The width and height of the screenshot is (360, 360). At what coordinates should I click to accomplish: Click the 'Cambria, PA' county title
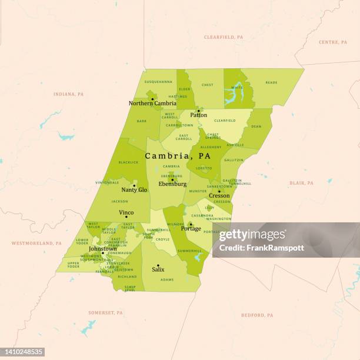178,156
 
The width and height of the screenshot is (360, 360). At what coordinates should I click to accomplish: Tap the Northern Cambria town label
152,104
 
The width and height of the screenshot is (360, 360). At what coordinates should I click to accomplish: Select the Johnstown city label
103,249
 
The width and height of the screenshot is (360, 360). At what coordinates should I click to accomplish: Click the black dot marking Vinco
126,217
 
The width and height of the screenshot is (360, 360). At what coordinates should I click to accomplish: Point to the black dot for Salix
158,265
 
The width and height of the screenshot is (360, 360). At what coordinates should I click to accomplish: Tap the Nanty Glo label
134,190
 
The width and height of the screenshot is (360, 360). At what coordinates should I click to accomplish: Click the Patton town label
198,115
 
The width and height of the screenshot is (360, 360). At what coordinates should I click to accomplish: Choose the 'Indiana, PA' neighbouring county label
69,94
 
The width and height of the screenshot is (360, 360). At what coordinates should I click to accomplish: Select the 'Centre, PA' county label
333,42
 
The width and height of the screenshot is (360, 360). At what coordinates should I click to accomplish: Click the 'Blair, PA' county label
302,183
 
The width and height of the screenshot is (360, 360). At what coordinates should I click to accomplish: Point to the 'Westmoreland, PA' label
37,243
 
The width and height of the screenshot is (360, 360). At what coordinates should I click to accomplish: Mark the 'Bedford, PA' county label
257,315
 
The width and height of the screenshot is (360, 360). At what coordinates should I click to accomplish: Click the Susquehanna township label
158,82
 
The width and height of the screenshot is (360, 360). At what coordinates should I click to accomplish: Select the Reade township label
271,82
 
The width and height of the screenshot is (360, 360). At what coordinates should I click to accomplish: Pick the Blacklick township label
128,162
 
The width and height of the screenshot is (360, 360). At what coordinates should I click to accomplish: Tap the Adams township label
167,279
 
